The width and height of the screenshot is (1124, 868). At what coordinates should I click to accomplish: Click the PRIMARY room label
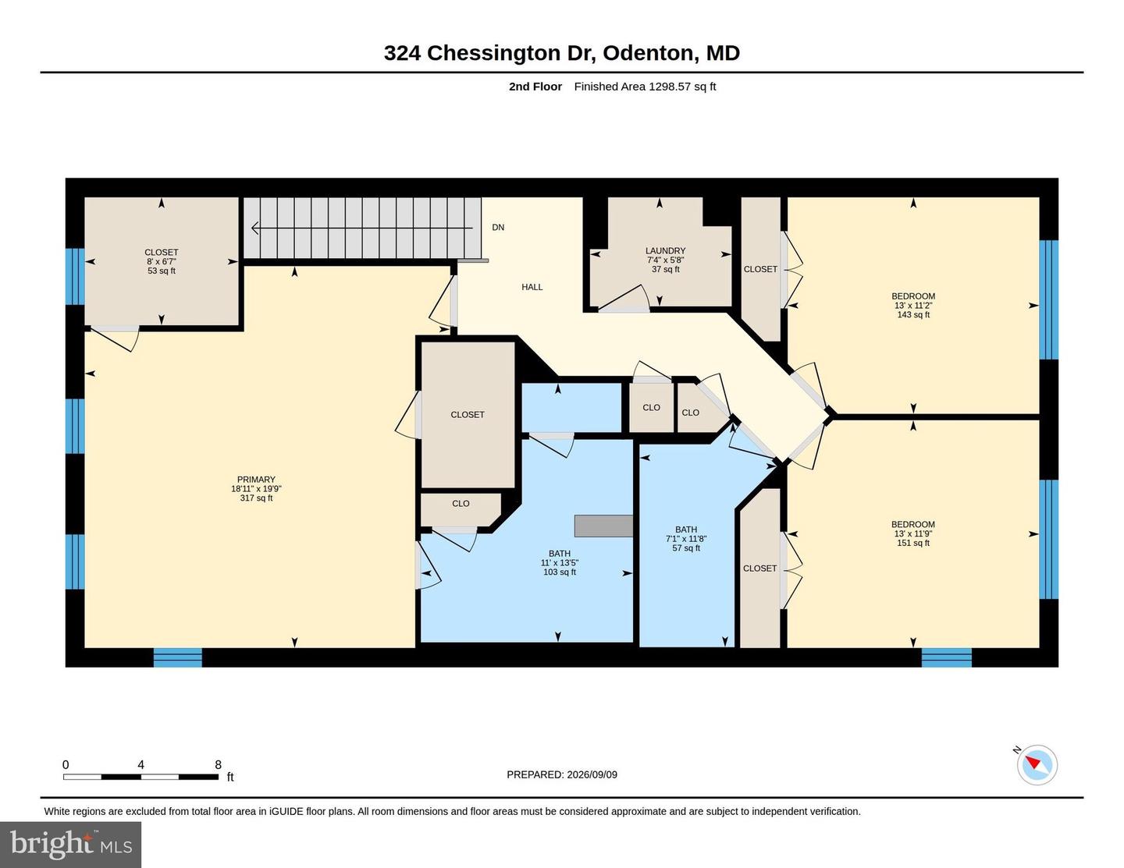click(x=256, y=479)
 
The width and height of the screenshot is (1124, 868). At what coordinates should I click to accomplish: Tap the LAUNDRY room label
click(x=665, y=250)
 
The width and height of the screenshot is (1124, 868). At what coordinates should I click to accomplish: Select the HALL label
click(x=532, y=287)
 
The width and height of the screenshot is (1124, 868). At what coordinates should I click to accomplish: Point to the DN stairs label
click(x=497, y=228)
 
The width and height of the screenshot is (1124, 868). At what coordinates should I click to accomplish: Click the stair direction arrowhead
click(x=255, y=228)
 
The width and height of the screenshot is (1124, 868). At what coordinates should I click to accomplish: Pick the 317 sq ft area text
click(x=256, y=498)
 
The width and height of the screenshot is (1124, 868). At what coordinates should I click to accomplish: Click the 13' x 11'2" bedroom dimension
click(x=913, y=306)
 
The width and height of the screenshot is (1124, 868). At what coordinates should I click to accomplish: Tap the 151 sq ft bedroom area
click(x=913, y=543)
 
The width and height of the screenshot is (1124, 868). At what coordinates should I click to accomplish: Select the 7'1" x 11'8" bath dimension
click(x=686, y=538)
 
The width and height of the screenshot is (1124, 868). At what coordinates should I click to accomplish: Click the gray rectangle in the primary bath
click(x=603, y=526)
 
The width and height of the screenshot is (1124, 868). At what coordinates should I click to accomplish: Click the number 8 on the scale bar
click(x=218, y=764)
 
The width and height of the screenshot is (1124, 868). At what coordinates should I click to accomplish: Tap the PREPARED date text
click(x=562, y=774)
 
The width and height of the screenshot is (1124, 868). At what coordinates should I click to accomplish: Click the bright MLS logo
click(x=71, y=845)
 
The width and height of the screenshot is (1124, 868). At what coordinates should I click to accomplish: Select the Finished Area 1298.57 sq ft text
click(x=645, y=87)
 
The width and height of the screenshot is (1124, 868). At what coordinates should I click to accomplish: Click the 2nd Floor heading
click(x=535, y=87)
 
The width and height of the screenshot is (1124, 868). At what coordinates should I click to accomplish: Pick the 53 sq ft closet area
click(x=162, y=271)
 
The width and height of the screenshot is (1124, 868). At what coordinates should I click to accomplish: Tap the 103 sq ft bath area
click(x=559, y=572)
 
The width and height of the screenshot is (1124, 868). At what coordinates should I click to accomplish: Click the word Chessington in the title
click(x=494, y=54)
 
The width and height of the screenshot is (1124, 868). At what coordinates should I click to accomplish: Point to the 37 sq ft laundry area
click(x=665, y=269)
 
